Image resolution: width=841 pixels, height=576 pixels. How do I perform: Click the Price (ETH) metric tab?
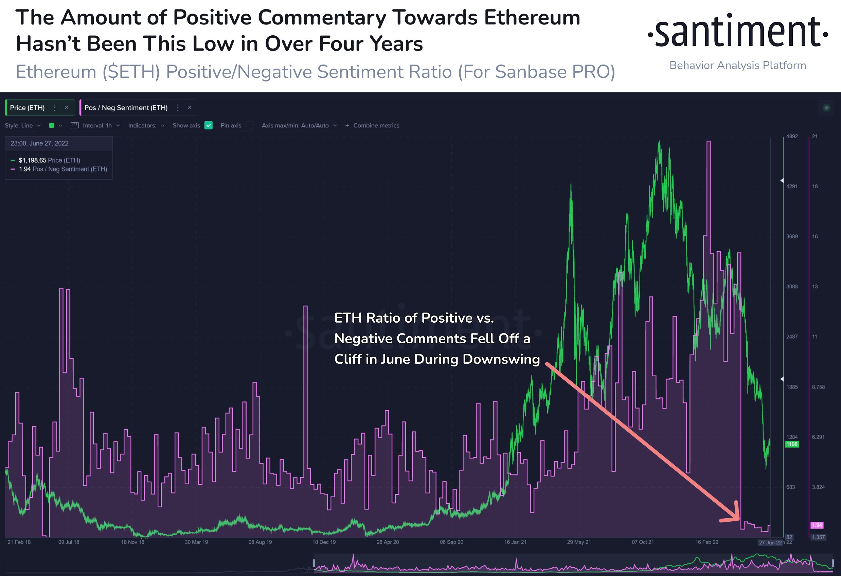[x=28, y=107]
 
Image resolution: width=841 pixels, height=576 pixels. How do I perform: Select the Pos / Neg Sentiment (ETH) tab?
[x=126, y=107]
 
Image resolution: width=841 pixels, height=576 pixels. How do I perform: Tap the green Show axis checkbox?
[x=209, y=126]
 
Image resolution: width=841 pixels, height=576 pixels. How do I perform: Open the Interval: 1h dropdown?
[x=97, y=126]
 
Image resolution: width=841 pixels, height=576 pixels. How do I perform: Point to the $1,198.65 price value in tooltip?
[x=33, y=160]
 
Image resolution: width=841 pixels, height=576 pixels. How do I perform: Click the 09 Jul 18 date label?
[x=69, y=542]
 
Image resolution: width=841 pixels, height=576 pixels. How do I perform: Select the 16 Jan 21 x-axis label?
[x=515, y=542]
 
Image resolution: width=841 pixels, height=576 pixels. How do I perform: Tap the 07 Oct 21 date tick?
[x=643, y=542]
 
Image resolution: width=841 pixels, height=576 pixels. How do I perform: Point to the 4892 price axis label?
[x=792, y=137]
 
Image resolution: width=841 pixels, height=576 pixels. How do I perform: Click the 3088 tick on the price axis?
[x=792, y=287]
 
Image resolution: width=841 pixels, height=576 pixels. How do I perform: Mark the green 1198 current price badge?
[x=791, y=444]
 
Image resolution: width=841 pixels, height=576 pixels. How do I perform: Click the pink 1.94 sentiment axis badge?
[x=817, y=525]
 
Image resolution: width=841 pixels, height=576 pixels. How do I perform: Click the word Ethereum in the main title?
[x=532, y=17]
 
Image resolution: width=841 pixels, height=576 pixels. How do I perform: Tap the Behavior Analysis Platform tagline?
[x=737, y=66]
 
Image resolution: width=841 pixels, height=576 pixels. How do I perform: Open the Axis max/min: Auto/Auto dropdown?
[x=299, y=126]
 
